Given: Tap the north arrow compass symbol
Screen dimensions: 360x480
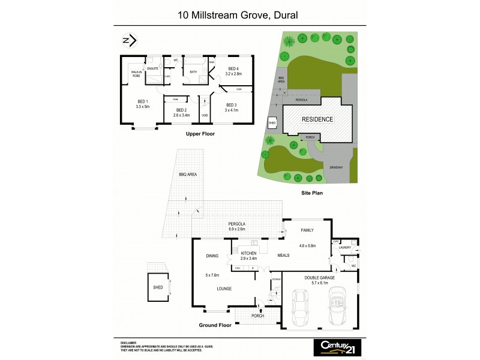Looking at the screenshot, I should click(128, 41).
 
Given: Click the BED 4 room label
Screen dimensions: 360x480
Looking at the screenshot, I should click(233, 69).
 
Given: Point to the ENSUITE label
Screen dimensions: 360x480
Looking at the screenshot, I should click(153, 69).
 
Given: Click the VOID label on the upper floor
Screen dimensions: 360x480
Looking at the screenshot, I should click(205, 115).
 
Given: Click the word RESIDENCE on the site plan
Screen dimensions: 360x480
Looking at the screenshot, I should click(317, 119).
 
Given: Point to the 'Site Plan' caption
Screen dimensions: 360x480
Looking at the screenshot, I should click(313, 194).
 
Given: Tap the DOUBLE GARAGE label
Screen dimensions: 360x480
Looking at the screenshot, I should click(319, 278).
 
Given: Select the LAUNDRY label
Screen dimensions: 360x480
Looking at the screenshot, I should click(344, 247).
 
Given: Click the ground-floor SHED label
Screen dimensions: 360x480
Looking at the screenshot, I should click(158, 287).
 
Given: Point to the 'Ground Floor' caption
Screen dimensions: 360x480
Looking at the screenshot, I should click(215, 325).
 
